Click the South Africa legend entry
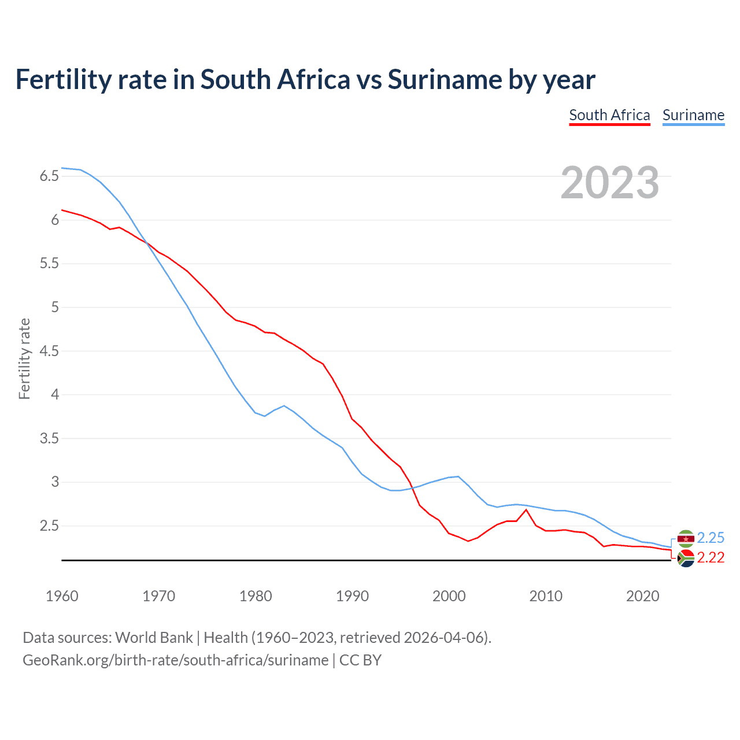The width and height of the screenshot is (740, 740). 609,115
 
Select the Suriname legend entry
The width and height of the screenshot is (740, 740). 693,115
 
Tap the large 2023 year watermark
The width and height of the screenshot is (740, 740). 609,183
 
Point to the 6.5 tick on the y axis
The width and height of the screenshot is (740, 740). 49,176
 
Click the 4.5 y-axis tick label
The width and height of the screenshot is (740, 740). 49,351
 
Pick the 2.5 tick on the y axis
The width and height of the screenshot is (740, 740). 49,526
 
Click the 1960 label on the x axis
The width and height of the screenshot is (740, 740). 62,596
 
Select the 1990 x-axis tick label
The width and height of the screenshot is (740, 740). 352,596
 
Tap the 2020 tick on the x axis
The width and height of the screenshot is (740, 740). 642,596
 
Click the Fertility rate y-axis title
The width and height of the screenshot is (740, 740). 24,358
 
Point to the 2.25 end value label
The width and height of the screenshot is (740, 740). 711,538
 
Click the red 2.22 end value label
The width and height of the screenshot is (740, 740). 711,557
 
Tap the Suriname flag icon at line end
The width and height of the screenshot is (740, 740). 686,539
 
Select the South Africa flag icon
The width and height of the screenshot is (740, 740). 686,558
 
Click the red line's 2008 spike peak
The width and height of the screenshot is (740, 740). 526,509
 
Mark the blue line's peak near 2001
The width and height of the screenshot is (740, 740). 458,476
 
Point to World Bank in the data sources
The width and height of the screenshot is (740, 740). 154,638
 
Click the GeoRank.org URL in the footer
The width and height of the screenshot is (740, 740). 175,660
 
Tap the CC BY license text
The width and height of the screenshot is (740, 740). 360,660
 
